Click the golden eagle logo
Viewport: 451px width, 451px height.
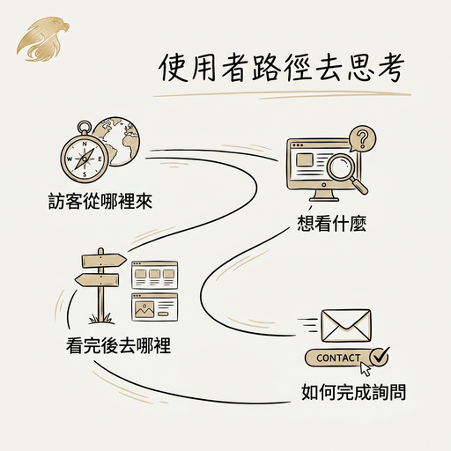(x=43, y=39)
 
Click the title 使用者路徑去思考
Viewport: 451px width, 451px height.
(x=282, y=69)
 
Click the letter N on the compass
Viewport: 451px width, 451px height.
(x=85, y=144)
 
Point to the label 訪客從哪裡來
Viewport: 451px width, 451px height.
(x=100, y=202)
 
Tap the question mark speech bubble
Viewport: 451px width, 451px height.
(x=362, y=139)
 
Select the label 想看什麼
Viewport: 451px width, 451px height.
(x=332, y=224)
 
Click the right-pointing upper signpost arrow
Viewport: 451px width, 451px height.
(x=104, y=261)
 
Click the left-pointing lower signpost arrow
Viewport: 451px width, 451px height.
(x=97, y=280)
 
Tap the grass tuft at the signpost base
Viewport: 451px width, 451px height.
(x=100, y=318)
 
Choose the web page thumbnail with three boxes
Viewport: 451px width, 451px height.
(x=155, y=275)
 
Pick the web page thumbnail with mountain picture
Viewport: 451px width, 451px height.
(x=155, y=307)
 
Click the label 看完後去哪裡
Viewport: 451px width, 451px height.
(x=118, y=345)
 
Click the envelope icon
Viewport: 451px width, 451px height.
(x=346, y=326)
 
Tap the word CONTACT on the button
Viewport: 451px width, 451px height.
(x=338, y=358)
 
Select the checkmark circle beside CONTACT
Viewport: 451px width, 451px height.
(x=379, y=356)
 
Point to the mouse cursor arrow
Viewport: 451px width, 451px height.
(x=366, y=369)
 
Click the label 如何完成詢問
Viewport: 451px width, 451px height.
(x=353, y=392)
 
